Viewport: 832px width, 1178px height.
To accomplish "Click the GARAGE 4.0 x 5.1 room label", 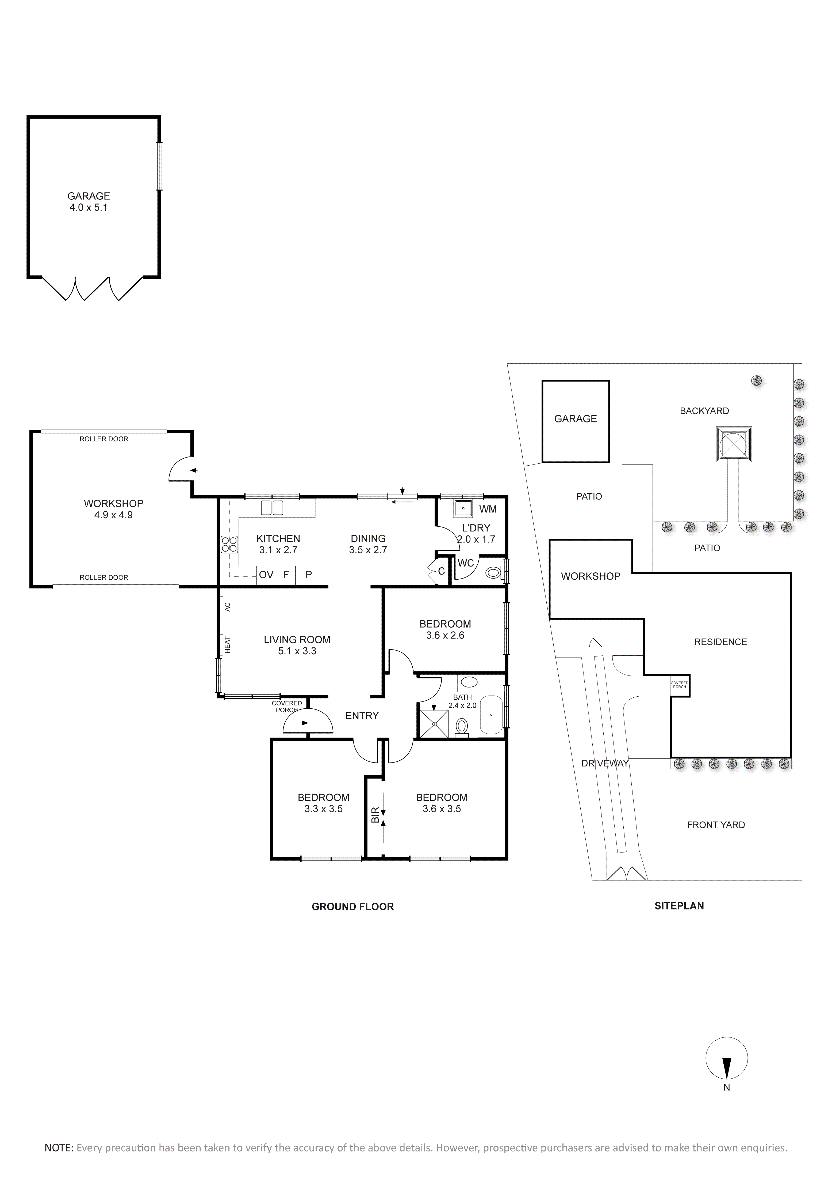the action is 89,202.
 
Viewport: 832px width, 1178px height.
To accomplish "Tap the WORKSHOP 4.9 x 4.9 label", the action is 113,509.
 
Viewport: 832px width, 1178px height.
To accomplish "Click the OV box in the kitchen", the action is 266,575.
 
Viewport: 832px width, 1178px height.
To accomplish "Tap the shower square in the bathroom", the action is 434,723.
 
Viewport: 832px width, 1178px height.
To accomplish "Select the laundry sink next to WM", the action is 463,508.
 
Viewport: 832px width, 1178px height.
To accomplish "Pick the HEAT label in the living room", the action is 227,645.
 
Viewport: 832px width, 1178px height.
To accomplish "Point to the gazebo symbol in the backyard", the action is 734,444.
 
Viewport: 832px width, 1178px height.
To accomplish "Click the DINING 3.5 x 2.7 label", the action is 368,544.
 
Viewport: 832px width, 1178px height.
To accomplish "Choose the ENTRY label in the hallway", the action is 362,716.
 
